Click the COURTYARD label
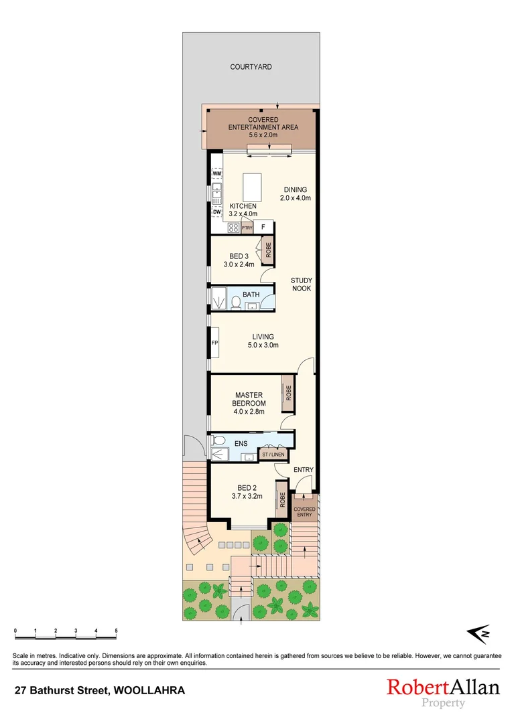tap(251, 67)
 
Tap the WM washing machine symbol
tap(216, 173)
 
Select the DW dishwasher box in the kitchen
tap(216, 212)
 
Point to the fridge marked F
tap(263, 227)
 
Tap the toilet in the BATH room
tap(235, 303)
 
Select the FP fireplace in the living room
tap(214, 343)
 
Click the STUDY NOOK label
tap(301, 284)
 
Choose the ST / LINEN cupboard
tap(273, 455)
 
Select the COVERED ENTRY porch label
tap(305, 512)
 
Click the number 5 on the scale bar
tap(116, 631)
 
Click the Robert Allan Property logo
tap(442, 692)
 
